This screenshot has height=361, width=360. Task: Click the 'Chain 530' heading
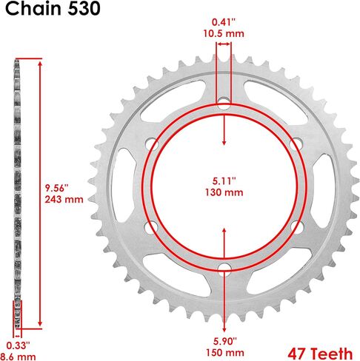click(x=53, y=9)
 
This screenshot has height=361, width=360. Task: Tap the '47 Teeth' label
click(x=320, y=354)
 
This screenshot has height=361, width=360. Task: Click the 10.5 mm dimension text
click(x=224, y=33)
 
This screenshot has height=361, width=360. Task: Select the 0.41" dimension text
click(x=224, y=22)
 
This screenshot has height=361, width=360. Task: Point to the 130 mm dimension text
click(x=224, y=192)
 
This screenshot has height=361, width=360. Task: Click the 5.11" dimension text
click(x=224, y=181)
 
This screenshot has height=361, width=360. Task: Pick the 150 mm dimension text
click(x=225, y=353)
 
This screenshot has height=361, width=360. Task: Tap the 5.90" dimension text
click(x=225, y=342)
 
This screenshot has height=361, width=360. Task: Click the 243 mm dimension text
click(x=64, y=199)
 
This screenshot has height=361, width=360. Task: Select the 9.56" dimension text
click(x=56, y=188)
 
